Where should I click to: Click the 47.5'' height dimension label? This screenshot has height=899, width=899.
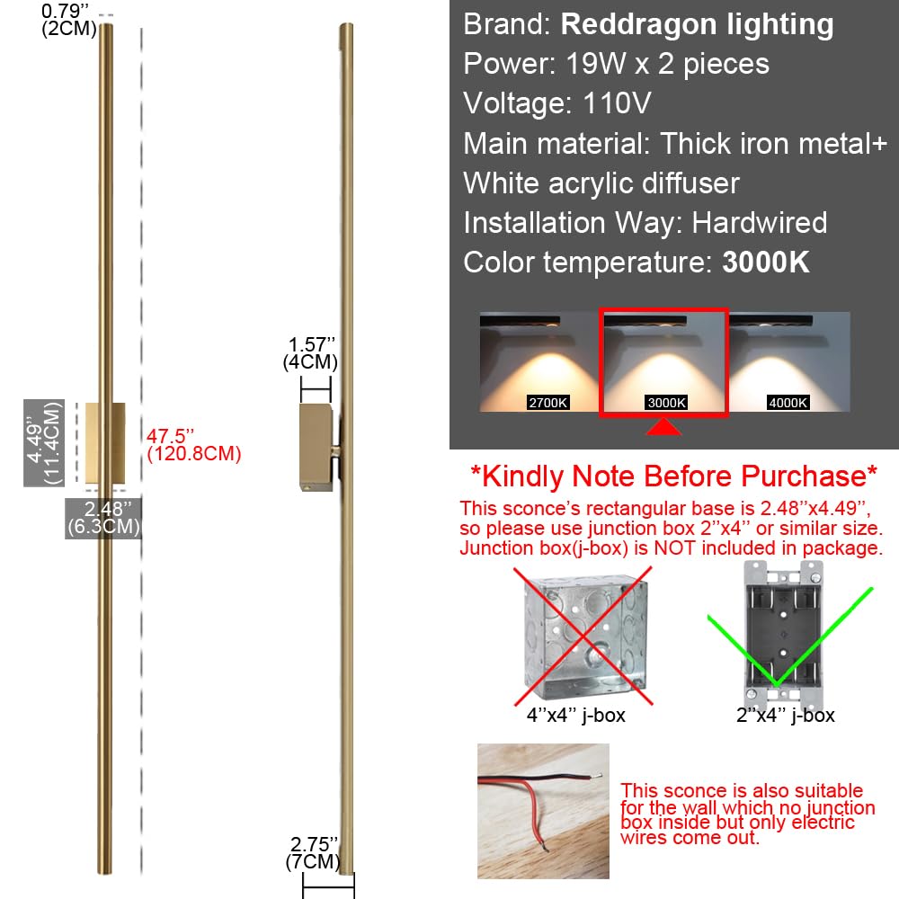[194, 445]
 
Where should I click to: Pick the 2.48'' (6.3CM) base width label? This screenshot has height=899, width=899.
[103, 519]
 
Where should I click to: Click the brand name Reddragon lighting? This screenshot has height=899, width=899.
[697, 24]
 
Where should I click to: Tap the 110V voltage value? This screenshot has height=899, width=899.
[610, 103]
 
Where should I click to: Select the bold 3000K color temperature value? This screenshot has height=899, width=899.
[766, 262]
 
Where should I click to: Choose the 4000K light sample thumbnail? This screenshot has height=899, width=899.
[788, 361]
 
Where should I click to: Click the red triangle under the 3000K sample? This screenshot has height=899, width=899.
[663, 431]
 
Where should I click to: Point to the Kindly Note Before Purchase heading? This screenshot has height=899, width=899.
[673, 476]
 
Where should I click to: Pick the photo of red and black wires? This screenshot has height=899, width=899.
[543, 811]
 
